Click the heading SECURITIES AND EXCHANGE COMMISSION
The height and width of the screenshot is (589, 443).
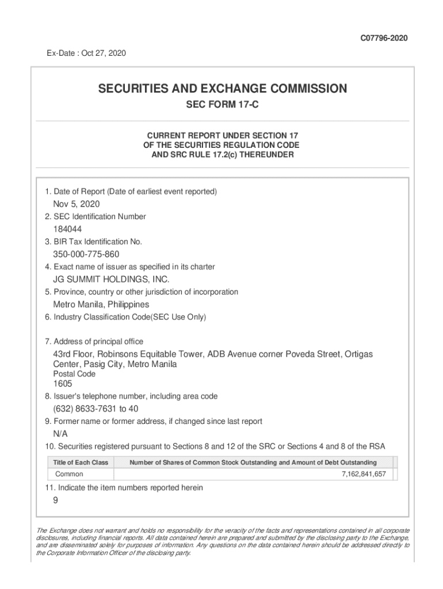[222, 89]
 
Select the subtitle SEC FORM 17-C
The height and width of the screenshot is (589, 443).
[222, 106]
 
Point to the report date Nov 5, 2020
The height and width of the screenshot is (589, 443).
[77, 204]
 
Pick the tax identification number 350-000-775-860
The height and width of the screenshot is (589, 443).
[86, 254]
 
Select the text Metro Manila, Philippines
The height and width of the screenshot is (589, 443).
[101, 304]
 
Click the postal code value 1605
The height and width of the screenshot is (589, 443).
[63, 384]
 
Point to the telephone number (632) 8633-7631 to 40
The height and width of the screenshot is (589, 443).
[96, 409]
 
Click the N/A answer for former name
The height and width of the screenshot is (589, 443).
[60, 434]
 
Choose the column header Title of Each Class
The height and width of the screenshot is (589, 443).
[81, 462]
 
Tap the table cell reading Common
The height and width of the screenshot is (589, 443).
[69, 475]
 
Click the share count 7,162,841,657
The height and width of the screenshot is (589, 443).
[364, 475]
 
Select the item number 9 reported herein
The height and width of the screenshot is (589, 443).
[56, 500]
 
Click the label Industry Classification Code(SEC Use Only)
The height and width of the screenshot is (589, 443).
[125, 317]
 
